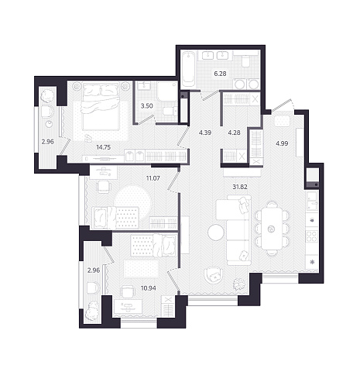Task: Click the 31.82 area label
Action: pyautogui.click(x=240, y=187)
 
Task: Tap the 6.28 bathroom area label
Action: pyautogui.click(x=220, y=74)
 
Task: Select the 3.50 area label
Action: pyautogui.click(x=147, y=106)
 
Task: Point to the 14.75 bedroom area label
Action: pyautogui.click(x=103, y=147)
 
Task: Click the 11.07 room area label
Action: pyautogui.click(x=153, y=178)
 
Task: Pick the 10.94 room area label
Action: pyautogui.click(x=149, y=288)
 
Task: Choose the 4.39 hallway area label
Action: pyautogui.click(x=205, y=133)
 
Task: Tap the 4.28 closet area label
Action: pyautogui.click(x=234, y=133)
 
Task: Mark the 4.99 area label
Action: pyautogui.click(x=282, y=143)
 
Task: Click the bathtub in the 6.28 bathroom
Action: pyautogui.click(x=189, y=70)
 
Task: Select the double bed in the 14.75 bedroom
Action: pyautogui.click(x=101, y=106)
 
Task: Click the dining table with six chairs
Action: pyautogui.click(x=271, y=229)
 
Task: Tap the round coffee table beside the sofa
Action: pyautogui.click(x=216, y=232)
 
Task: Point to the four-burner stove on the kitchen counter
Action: pyautogui.click(x=311, y=236)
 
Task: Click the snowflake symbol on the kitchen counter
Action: pyautogui.click(x=312, y=263)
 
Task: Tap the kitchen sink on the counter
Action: pyautogui.click(x=312, y=201)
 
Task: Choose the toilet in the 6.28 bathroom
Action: pyautogui.click(x=245, y=61)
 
